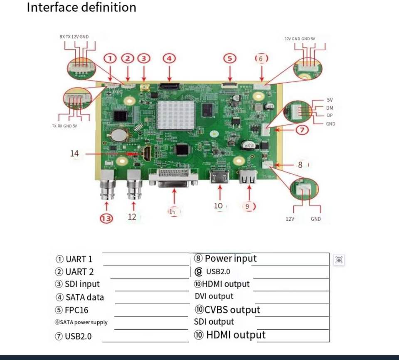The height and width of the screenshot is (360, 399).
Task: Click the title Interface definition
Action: (x=81, y=7)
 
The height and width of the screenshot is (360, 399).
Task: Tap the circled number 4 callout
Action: (x=169, y=58)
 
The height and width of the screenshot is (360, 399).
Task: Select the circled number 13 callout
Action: (x=107, y=218)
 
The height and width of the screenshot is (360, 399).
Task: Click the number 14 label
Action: (x=74, y=154)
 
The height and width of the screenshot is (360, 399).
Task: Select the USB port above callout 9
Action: (x=248, y=177)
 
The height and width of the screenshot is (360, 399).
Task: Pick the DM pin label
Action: (x=330, y=108)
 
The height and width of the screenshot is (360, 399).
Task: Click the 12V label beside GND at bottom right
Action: (x=290, y=219)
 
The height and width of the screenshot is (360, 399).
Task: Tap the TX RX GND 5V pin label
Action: (x=64, y=126)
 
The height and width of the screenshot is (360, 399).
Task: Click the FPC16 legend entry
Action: (x=71, y=310)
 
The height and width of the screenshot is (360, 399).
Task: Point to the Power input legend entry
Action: (x=225, y=259)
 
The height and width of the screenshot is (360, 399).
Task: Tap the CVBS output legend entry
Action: (x=227, y=310)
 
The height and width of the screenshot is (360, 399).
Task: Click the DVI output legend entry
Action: (x=214, y=296)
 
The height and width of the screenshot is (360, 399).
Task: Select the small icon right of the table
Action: (x=339, y=260)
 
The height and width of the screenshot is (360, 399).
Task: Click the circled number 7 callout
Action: (x=303, y=130)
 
